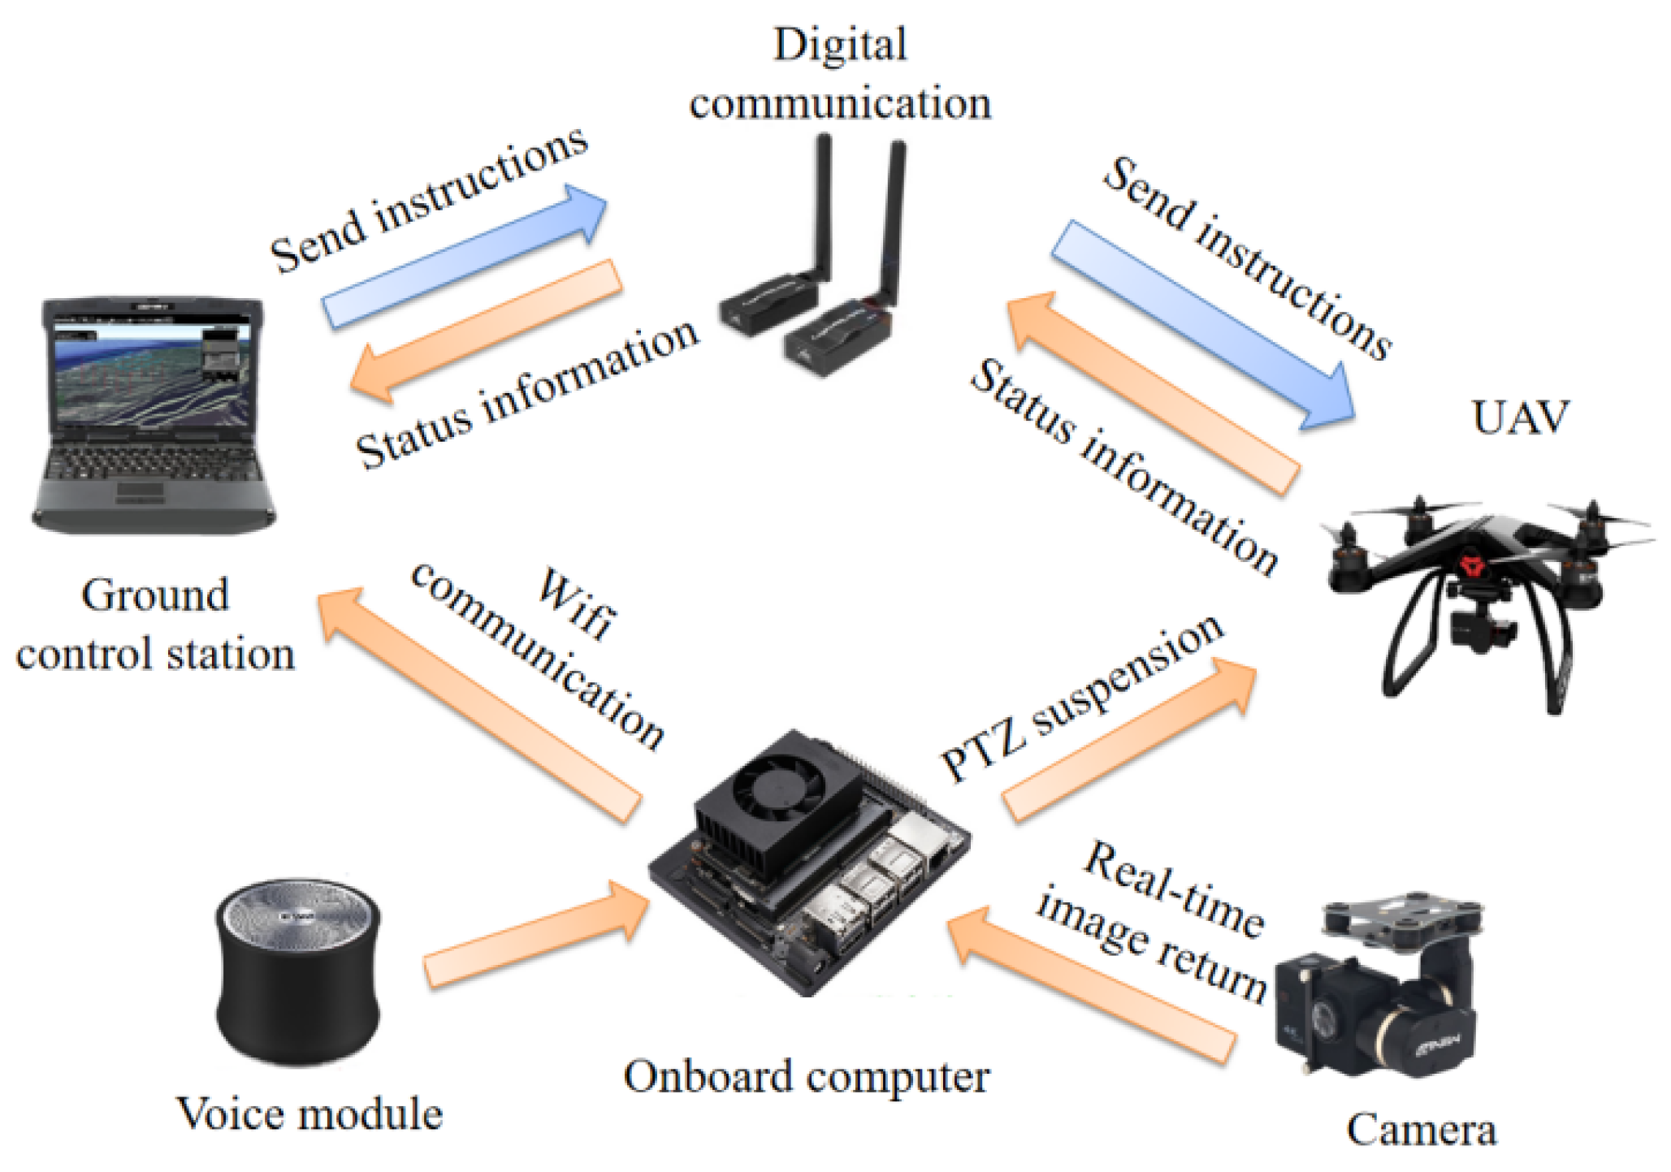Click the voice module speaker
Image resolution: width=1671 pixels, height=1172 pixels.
[298, 971]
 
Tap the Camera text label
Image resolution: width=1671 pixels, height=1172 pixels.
[1421, 1130]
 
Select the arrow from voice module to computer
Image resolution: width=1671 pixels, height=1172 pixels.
[536, 934]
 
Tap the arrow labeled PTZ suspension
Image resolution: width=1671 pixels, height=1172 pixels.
[1129, 739]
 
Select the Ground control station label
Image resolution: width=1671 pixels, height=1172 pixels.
[154, 625]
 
